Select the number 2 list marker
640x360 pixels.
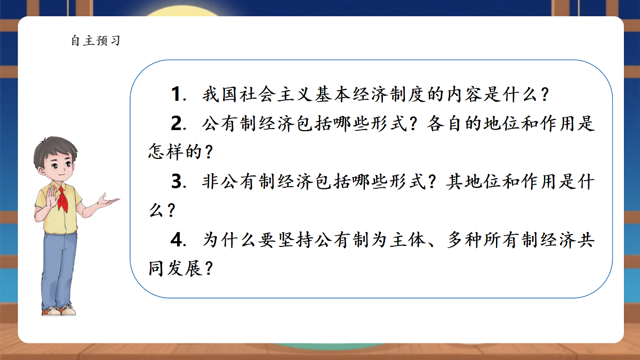pyautogui.click(x=177, y=124)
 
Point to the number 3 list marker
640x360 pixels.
pyautogui.click(x=177, y=182)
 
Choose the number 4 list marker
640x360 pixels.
pyautogui.click(x=177, y=240)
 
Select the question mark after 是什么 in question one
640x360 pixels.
pyautogui.click(x=545, y=96)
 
